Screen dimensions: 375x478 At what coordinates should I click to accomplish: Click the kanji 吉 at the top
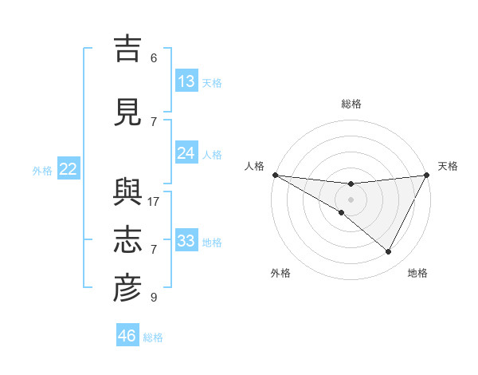click(127, 49)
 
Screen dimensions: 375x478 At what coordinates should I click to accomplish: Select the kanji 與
click(127, 194)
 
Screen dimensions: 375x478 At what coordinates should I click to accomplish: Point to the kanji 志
click(127, 241)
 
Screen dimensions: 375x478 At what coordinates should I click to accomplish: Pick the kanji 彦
click(127, 289)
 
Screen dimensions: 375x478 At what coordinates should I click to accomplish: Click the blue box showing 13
click(186, 81)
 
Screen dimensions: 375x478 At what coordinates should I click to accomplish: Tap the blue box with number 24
click(186, 154)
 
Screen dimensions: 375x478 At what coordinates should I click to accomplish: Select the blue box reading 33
click(186, 242)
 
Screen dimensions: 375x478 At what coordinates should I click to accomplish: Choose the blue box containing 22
click(69, 169)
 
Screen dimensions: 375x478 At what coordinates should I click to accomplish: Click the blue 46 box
click(127, 336)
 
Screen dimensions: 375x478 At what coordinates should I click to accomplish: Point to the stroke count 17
click(154, 201)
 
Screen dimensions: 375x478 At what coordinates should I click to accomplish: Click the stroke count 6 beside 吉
click(153, 57)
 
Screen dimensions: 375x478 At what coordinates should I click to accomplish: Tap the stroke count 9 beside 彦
click(153, 298)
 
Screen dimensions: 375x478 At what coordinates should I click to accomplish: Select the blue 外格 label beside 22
click(42, 170)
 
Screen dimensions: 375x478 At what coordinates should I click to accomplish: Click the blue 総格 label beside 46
click(153, 337)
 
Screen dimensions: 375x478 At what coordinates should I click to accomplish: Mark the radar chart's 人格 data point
click(275, 175)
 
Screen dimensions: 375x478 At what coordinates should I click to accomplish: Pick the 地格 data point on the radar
click(389, 252)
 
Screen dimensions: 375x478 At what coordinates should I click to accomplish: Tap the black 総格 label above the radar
click(351, 104)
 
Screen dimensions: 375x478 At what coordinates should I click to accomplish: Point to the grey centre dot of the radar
click(351, 199)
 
